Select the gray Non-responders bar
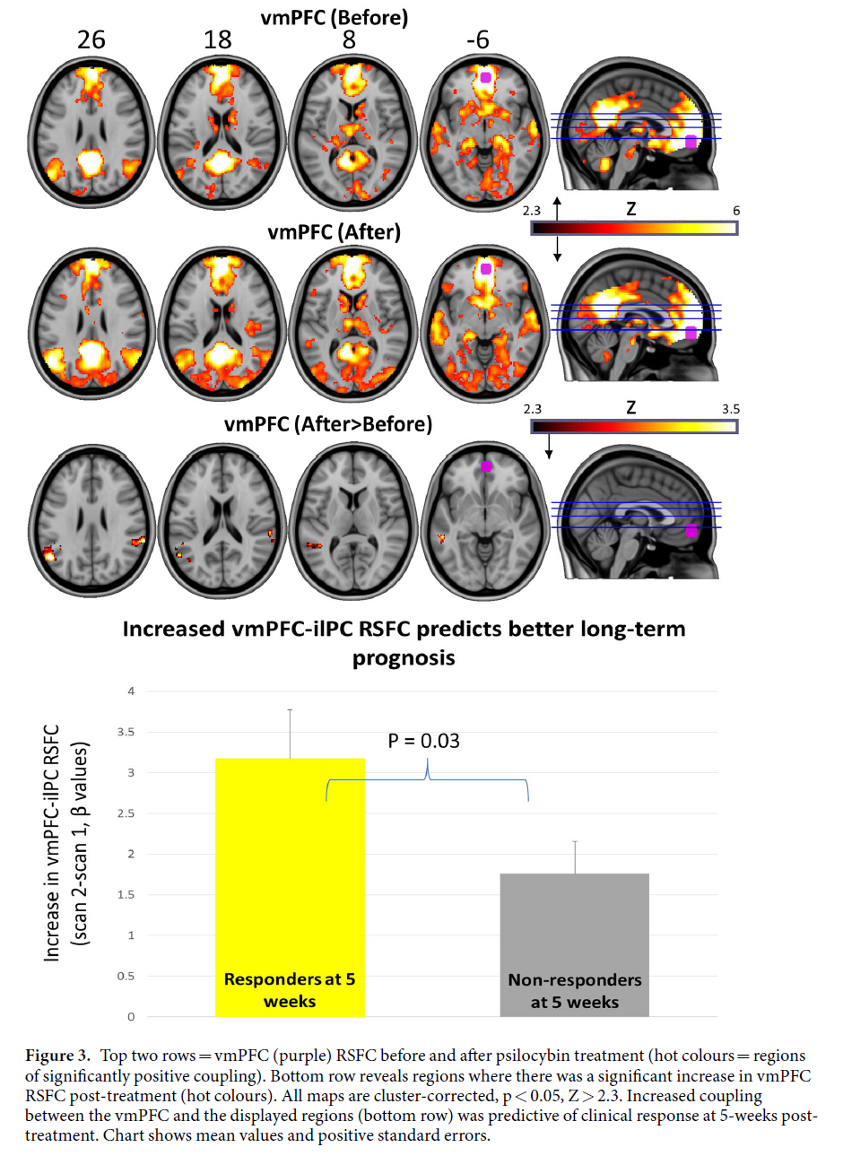[x=574, y=942]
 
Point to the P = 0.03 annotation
[x=423, y=741]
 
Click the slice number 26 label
[x=91, y=39]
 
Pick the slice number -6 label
[x=477, y=39]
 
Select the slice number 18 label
[x=217, y=39]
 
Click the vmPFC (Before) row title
[x=334, y=17]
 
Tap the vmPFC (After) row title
[x=334, y=231]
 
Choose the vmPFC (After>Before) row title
[x=327, y=423]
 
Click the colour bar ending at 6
[x=634, y=228]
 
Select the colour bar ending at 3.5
[x=634, y=426]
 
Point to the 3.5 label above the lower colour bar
[x=730, y=409]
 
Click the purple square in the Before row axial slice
[x=485, y=77]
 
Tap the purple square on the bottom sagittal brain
[x=691, y=531]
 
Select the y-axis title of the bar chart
[x=66, y=843]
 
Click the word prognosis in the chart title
[x=404, y=657]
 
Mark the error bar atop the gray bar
[x=575, y=856]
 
